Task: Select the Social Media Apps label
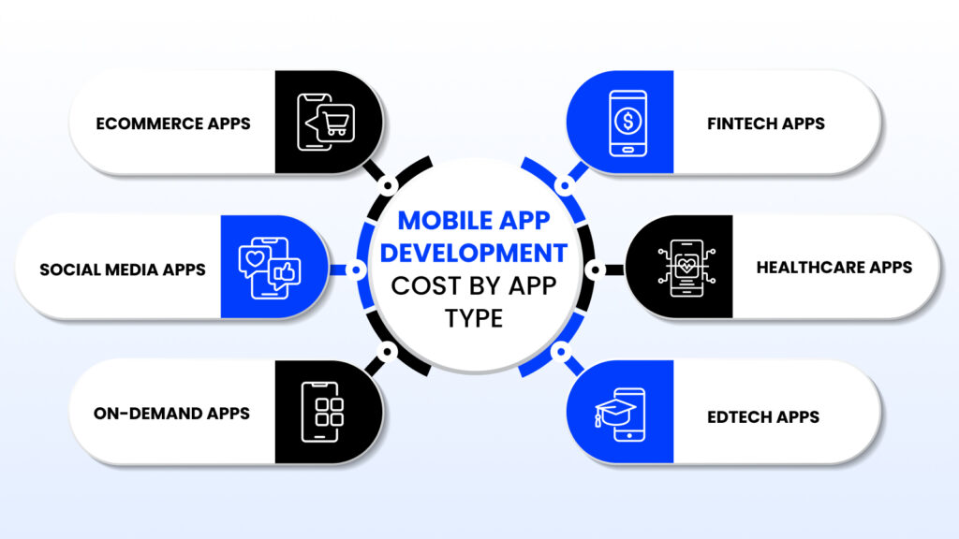click(123, 269)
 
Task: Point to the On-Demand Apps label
click(171, 413)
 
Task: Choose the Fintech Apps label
click(767, 123)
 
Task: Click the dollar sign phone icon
click(627, 122)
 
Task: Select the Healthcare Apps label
click(834, 268)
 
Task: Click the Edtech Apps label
click(763, 416)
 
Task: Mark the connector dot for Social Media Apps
click(356, 269)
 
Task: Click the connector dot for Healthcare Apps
click(594, 269)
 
